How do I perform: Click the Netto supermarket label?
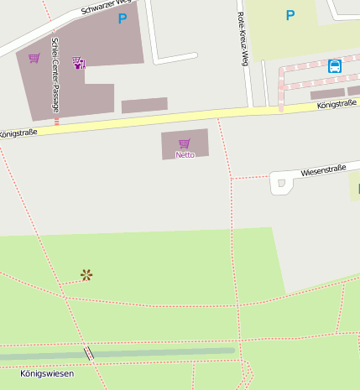point(185,155)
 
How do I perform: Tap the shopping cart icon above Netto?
point(185,143)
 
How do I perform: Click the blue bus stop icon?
point(335,65)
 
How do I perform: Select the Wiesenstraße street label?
point(323,169)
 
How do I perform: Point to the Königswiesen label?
point(47,373)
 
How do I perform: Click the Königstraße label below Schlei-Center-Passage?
point(18,133)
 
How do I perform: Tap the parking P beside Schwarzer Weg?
point(123,18)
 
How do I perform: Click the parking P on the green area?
point(290,15)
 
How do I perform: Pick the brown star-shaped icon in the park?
point(86,274)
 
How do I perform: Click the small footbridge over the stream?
point(88,354)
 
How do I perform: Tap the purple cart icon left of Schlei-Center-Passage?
point(34,59)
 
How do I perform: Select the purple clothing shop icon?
point(78,62)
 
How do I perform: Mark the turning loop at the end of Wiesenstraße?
point(279,184)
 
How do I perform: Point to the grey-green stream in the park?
point(168,351)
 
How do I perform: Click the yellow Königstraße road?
point(168,117)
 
